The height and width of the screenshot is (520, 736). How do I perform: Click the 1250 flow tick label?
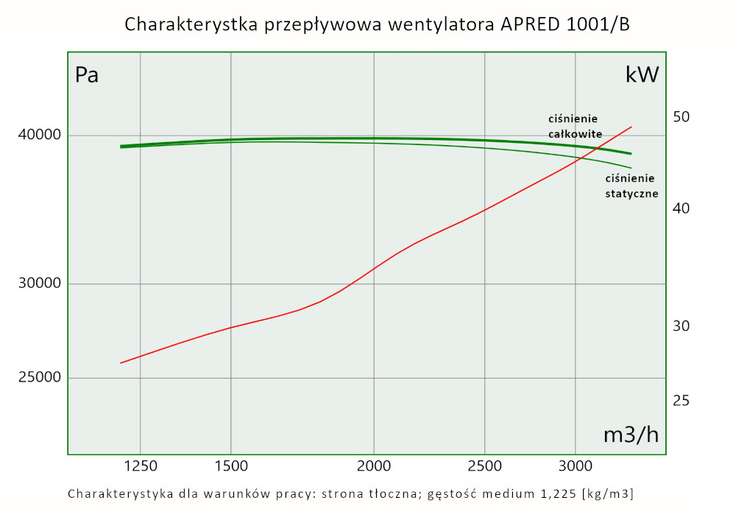tap(140, 466)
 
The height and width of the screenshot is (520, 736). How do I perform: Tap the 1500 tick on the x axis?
tap(231, 466)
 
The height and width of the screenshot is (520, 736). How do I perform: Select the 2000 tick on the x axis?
tap(374, 466)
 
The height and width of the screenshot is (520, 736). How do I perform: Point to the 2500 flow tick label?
tap(485, 466)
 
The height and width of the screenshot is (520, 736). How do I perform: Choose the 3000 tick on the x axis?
tap(576, 466)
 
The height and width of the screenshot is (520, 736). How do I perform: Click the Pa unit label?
tap(87, 75)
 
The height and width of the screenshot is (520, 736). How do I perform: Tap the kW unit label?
tap(642, 75)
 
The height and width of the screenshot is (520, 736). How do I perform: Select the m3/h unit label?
tap(631, 435)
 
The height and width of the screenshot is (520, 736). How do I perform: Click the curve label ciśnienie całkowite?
tap(576, 126)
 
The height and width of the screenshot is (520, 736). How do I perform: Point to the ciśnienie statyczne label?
tap(631, 186)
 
